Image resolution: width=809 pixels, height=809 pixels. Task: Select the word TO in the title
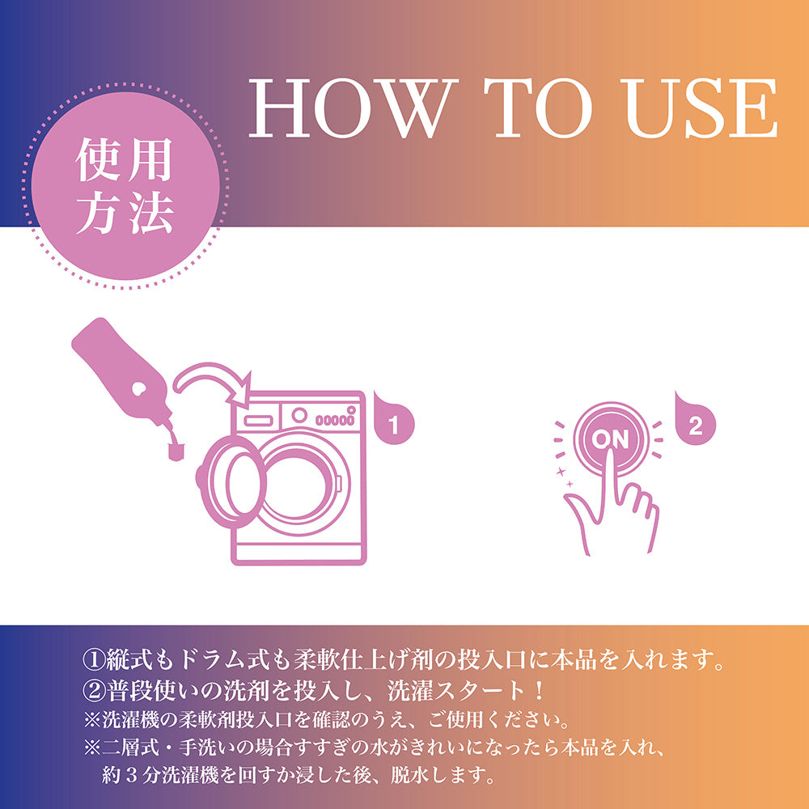[x=539, y=108]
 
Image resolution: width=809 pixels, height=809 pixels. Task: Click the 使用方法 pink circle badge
[x=125, y=186]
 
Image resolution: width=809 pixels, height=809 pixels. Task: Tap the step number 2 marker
[x=695, y=424]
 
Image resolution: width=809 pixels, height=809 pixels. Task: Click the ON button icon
[x=610, y=439]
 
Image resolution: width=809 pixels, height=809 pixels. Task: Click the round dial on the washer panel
[x=299, y=415]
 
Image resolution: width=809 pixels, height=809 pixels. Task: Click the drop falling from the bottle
[x=176, y=451]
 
